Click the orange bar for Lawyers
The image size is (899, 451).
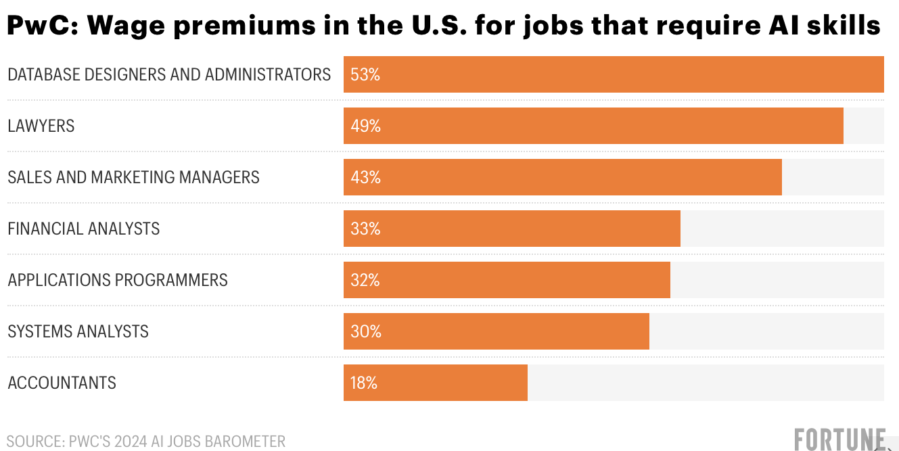point(593,126)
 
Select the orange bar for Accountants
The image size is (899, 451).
point(436,383)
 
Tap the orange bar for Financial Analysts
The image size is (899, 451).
point(512,229)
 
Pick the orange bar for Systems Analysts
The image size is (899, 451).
point(497,331)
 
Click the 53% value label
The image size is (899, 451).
point(365,74)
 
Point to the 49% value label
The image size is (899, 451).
point(365,126)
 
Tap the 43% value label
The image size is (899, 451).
point(365,177)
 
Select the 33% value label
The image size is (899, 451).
point(365,229)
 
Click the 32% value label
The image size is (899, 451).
point(365,280)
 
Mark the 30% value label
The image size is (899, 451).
point(365,331)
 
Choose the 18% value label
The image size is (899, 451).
point(364,383)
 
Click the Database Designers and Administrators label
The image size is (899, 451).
point(169,74)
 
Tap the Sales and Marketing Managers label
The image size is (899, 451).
point(133,177)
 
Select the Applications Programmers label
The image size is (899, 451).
point(118,280)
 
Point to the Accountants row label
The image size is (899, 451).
point(62,383)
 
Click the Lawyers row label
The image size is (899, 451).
point(41,126)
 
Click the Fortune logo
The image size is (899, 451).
point(839,440)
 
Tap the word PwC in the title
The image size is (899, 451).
point(41,26)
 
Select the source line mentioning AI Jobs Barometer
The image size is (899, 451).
point(146,442)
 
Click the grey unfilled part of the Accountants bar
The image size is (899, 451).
point(706,383)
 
